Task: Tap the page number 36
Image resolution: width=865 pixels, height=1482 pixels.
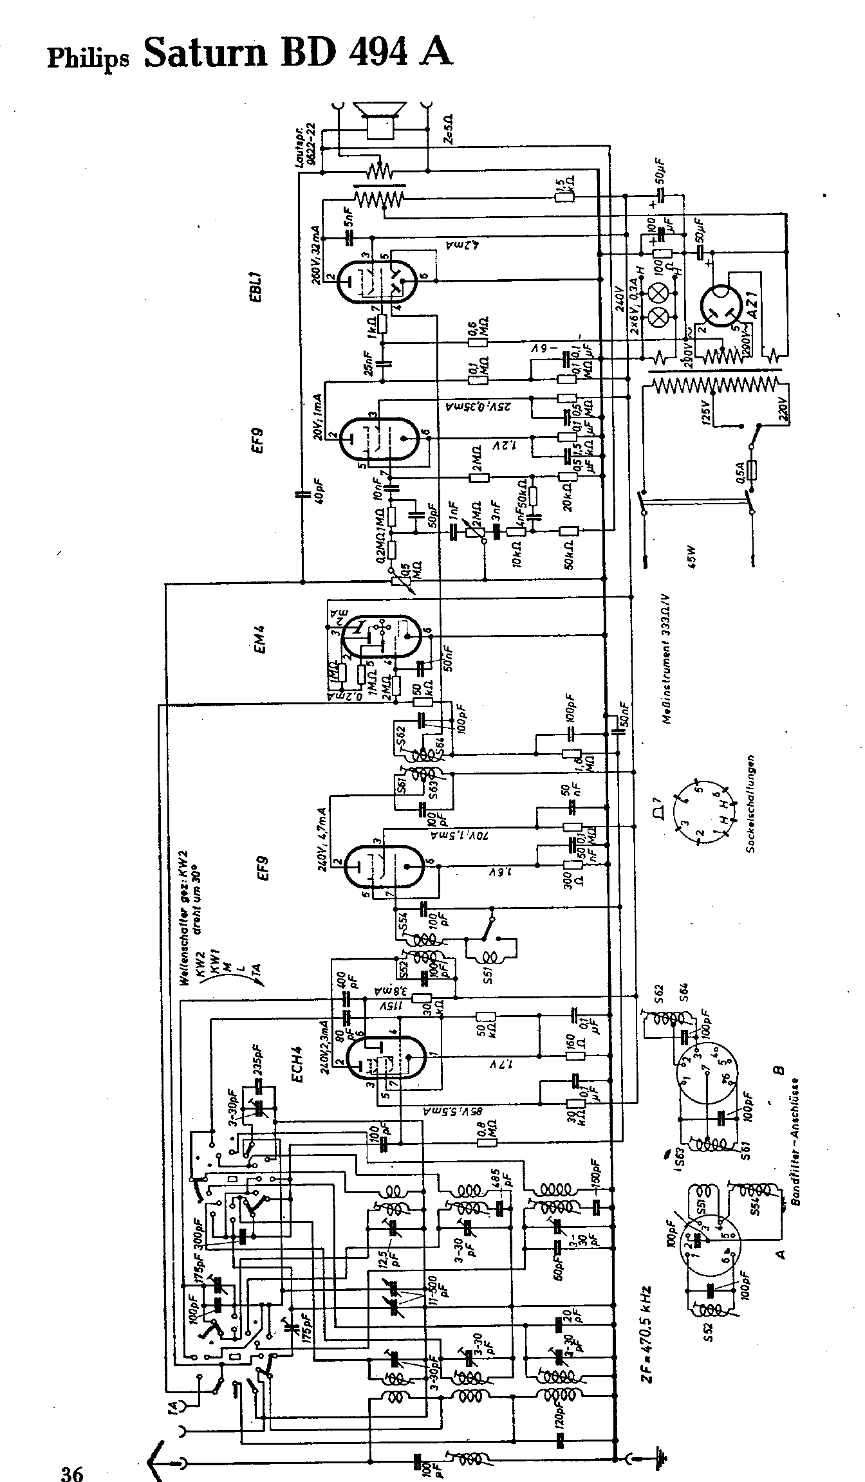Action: click(72, 1469)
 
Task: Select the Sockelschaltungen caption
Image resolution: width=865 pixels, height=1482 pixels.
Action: click(751, 804)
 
